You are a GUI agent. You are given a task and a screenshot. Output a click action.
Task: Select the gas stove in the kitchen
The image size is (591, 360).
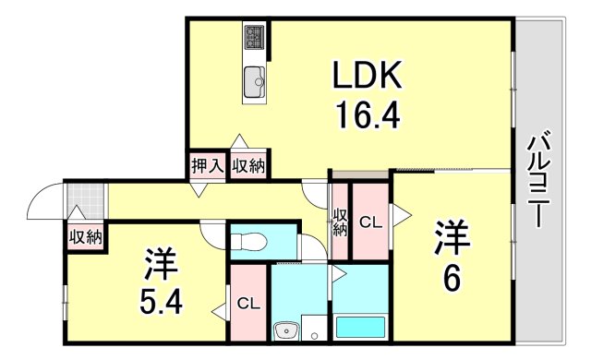point(256,38)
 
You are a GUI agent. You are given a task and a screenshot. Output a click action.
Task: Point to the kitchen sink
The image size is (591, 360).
point(255,82)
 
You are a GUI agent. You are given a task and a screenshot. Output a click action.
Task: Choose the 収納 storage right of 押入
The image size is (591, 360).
point(248,166)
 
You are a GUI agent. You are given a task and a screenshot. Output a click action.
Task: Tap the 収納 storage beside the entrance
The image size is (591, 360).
point(85,236)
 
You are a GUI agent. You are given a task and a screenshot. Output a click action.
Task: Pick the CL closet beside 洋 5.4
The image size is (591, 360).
point(247,303)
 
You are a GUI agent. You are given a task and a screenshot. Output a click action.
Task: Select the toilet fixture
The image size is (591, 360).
point(247,242)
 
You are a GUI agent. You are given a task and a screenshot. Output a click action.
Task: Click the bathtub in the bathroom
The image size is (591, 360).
point(361,326)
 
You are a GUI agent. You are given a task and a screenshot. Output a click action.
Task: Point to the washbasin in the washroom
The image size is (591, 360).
point(284,330)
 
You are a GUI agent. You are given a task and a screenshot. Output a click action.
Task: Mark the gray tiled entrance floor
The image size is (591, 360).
point(85,198)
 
